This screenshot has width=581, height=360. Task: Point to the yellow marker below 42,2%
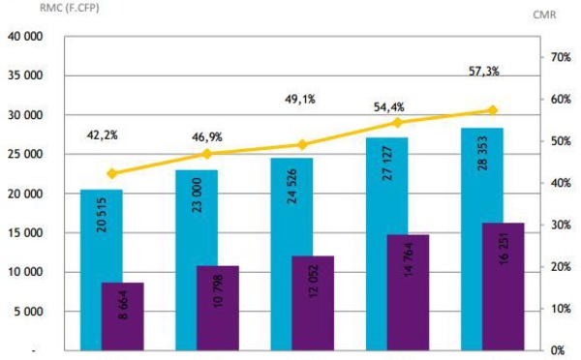tap(111, 173)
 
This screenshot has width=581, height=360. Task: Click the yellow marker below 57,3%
tap(493, 110)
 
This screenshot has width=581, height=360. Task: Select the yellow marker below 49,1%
tap(302, 145)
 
